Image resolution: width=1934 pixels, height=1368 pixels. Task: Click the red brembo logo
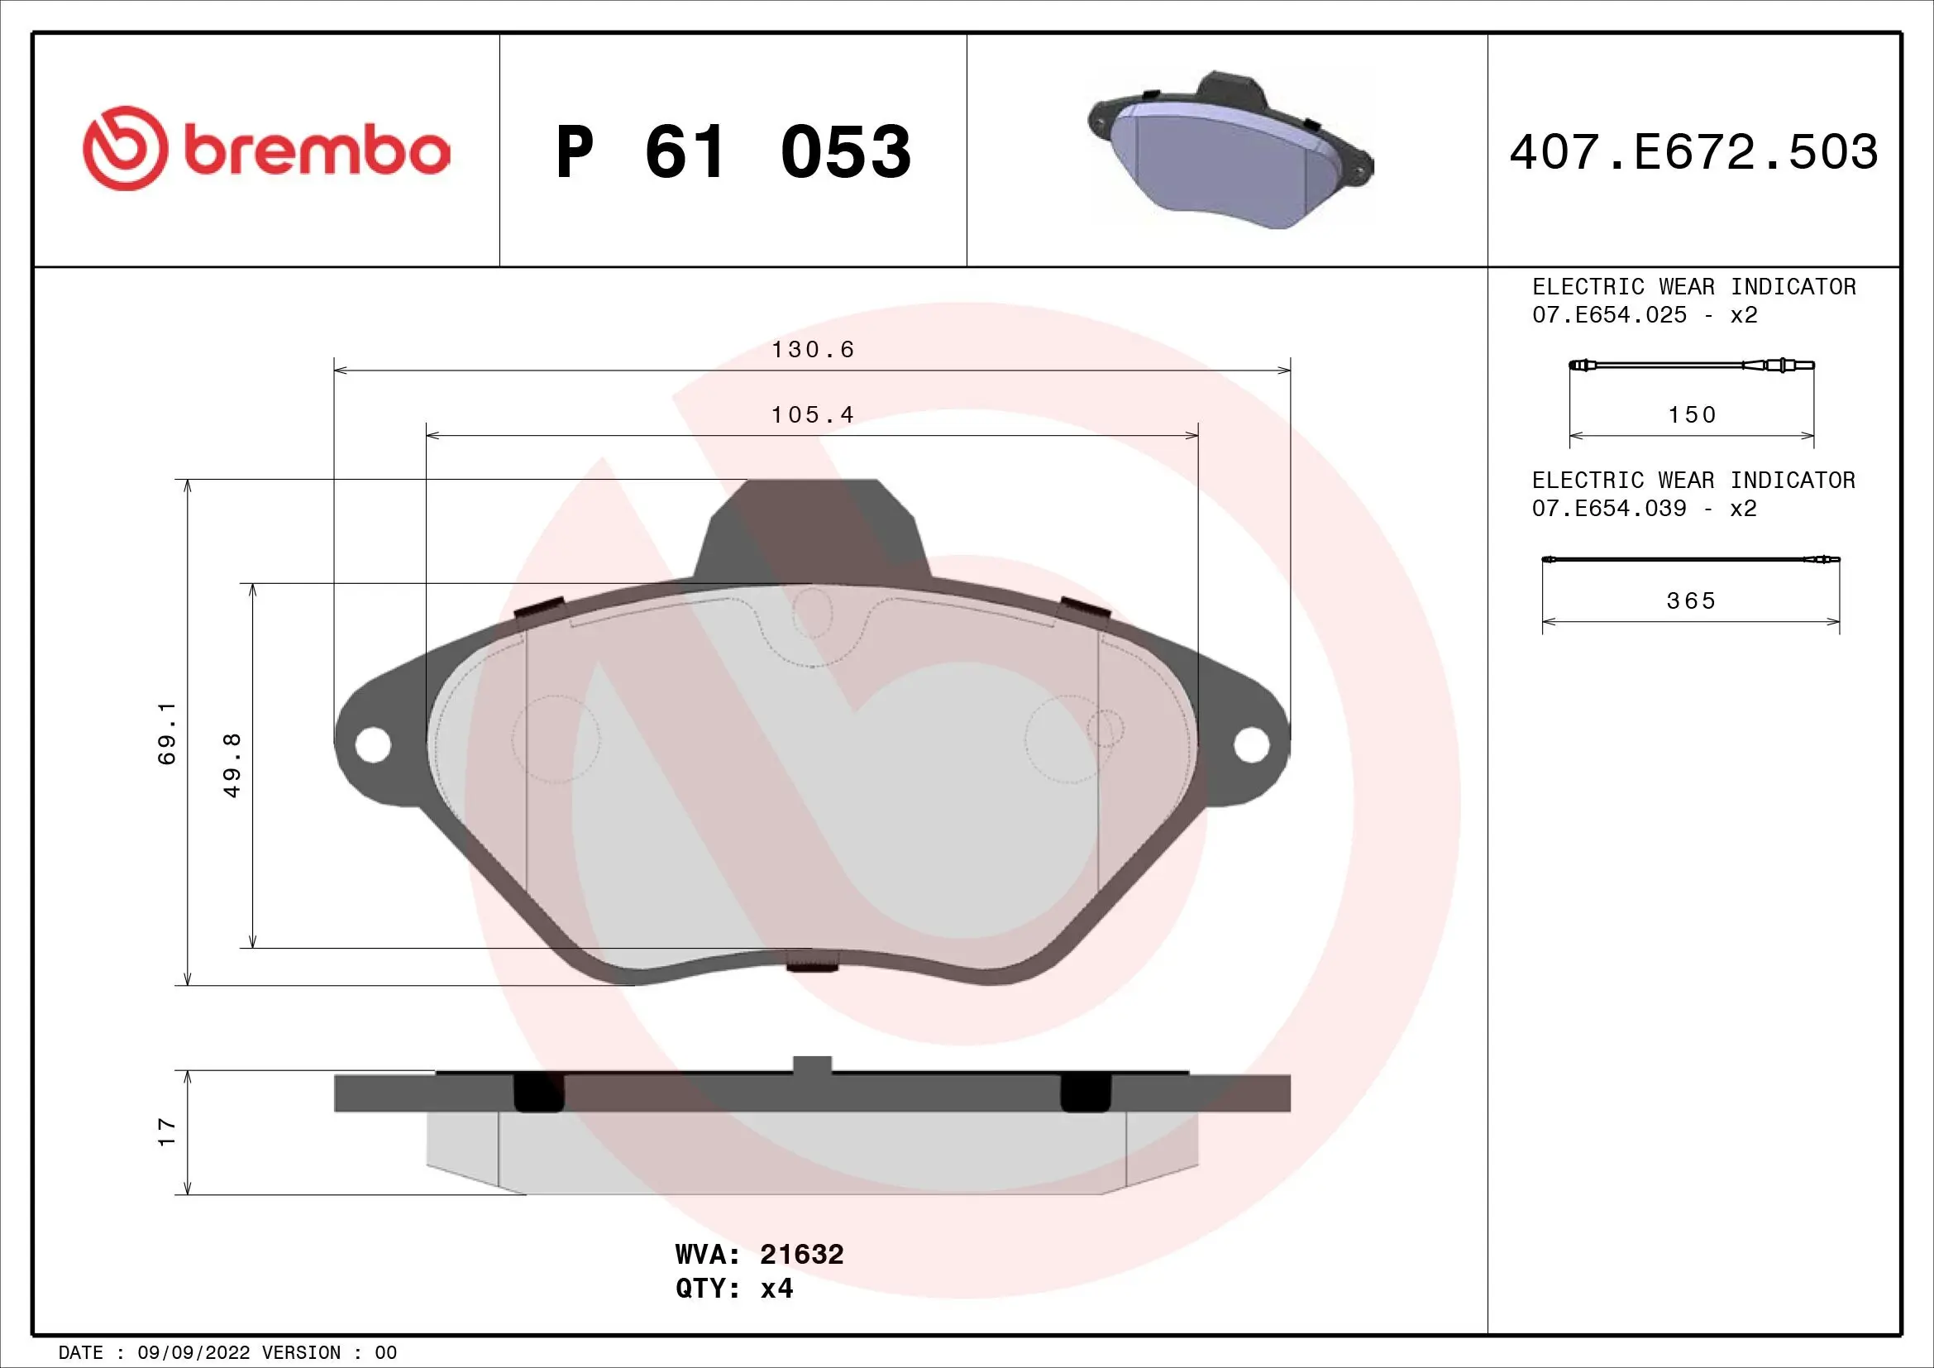pyautogui.click(x=266, y=149)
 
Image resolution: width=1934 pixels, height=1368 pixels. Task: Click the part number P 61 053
pyautogui.click(x=733, y=152)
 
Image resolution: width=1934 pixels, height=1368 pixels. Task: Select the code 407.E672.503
pyautogui.click(x=1693, y=152)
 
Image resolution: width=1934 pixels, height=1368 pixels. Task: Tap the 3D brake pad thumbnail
pyautogui.click(x=1230, y=151)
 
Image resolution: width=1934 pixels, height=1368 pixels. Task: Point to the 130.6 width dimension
pyautogui.click(x=813, y=350)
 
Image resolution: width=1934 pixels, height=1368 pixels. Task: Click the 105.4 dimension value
pyautogui.click(x=813, y=415)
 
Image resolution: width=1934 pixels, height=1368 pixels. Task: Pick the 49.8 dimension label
pyautogui.click(x=232, y=764)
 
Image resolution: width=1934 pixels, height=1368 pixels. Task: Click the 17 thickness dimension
pyautogui.click(x=168, y=1131)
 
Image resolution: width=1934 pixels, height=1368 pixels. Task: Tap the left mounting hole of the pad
pyautogui.click(x=373, y=744)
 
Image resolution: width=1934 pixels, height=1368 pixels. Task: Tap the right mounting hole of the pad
pyautogui.click(x=1252, y=744)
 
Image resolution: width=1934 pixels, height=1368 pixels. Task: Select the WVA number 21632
pyautogui.click(x=801, y=1255)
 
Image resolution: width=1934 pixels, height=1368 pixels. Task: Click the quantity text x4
pyautogui.click(x=776, y=1289)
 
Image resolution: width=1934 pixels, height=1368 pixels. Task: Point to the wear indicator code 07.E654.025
pyautogui.click(x=1609, y=315)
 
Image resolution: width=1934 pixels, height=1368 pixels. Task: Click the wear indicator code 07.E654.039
pyautogui.click(x=1609, y=509)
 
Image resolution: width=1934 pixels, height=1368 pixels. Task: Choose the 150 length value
pyautogui.click(x=1692, y=415)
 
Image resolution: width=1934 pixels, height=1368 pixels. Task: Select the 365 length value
pyautogui.click(x=1691, y=601)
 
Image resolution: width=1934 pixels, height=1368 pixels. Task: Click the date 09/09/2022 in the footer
pyautogui.click(x=193, y=1353)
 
